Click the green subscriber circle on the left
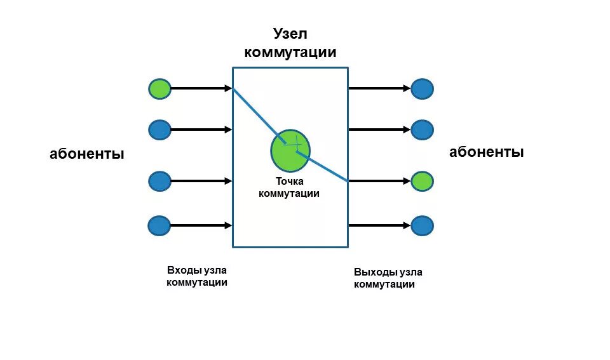tap(159, 89)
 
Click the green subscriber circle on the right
tap(422, 182)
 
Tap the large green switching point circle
tap(290, 150)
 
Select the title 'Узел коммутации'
tap(290, 43)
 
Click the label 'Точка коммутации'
tap(289, 187)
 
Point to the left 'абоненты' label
tap(87, 154)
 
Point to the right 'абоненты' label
tap(486, 152)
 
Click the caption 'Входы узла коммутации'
tap(197, 276)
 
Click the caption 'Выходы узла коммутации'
tap(388, 278)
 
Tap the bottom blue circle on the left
tap(159, 225)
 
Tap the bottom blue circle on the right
tap(422, 225)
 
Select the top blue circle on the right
tap(422, 89)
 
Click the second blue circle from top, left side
tap(159, 130)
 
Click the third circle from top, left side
tap(159, 182)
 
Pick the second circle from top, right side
tap(422, 130)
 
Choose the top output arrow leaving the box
tap(379, 89)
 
